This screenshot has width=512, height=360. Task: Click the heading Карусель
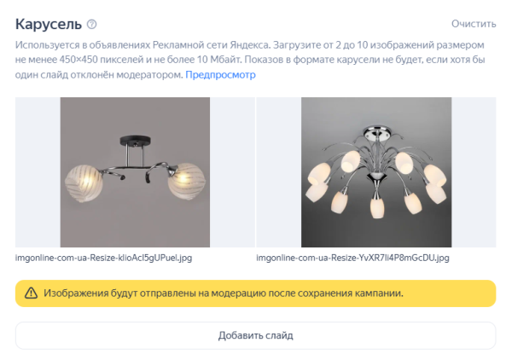(x=48, y=23)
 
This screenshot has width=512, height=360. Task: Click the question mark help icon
(x=92, y=24)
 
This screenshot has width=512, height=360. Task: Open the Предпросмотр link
(x=220, y=75)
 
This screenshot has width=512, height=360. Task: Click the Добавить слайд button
(x=255, y=335)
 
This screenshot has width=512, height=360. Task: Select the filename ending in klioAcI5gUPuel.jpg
(x=103, y=257)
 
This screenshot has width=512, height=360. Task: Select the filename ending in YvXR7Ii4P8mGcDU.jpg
(x=352, y=257)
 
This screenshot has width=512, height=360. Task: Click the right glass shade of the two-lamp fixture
(x=186, y=182)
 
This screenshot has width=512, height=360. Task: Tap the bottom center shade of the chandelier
(x=376, y=207)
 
